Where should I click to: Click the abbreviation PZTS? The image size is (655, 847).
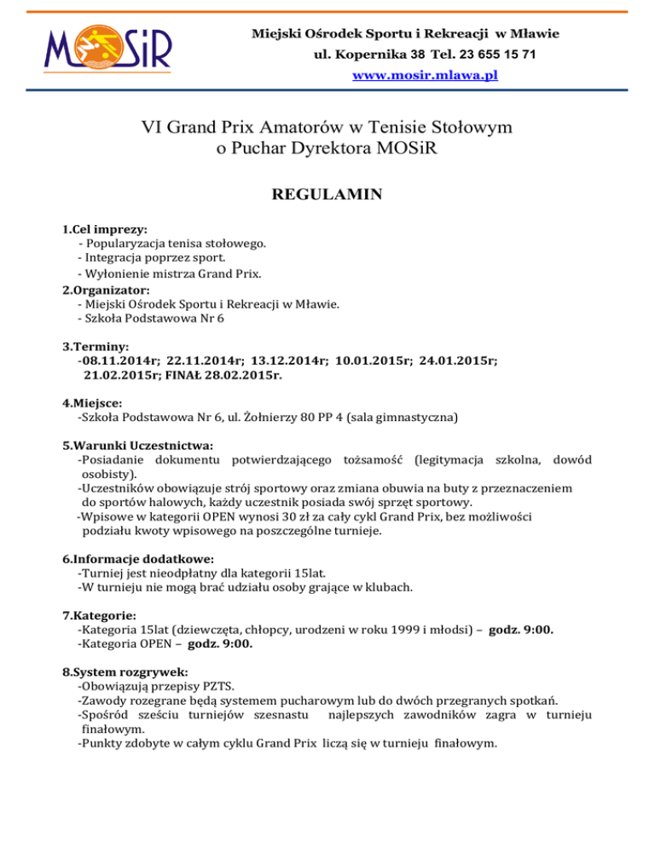pyautogui.click(x=217, y=687)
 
